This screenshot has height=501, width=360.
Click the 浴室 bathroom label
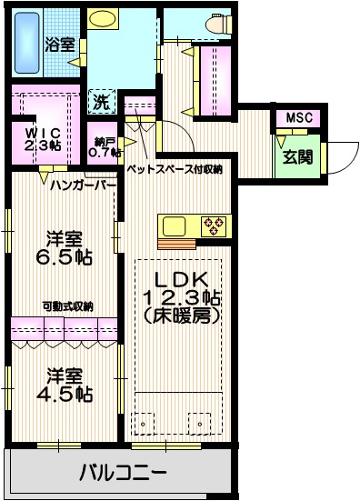point(62,42)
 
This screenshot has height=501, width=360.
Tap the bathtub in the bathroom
point(31,42)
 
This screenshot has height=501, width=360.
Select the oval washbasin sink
point(103,18)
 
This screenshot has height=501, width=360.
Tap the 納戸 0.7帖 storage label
point(106,146)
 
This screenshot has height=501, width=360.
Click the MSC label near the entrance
point(298,118)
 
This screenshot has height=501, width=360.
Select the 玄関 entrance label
point(297,156)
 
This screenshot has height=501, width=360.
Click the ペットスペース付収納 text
point(174,169)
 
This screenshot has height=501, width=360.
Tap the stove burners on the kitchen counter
point(215,225)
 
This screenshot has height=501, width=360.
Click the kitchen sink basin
point(173,225)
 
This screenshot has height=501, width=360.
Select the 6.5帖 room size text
point(65,257)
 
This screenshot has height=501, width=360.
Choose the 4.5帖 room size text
point(65,393)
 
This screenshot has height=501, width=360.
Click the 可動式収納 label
point(67,306)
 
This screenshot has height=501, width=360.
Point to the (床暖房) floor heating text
point(180,316)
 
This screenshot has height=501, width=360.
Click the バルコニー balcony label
point(123,473)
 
